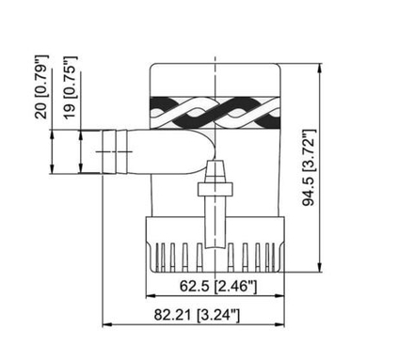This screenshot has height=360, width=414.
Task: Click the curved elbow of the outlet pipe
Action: (199, 150)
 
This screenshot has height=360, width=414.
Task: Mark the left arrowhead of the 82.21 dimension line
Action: (104, 326)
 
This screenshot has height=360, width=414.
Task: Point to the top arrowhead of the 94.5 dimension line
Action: (325, 67)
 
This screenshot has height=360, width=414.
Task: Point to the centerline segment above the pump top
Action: (217, 52)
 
